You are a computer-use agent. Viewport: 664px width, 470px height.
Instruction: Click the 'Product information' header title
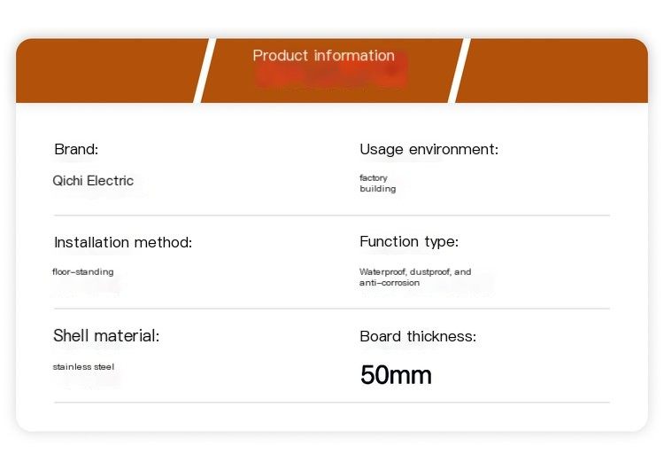[323, 56]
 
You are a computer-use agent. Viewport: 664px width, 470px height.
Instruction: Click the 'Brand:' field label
[76, 149]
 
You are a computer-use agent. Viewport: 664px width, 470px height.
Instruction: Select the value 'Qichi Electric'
[93, 181]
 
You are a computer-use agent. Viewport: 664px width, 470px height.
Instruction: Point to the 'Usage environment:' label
[429, 149]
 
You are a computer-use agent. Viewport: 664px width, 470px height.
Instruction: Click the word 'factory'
[374, 177]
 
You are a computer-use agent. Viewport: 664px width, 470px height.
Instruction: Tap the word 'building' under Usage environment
[378, 188]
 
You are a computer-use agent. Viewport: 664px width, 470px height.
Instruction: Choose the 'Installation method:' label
[123, 242]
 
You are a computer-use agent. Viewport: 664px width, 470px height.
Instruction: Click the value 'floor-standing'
[83, 272]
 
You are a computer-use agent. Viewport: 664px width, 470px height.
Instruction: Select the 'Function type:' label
[409, 241]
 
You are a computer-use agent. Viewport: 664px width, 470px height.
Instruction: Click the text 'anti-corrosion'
[390, 283]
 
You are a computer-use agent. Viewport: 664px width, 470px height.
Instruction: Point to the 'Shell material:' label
[106, 335]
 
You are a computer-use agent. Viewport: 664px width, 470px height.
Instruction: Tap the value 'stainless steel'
[83, 367]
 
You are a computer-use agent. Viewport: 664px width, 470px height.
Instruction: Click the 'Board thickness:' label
[418, 336]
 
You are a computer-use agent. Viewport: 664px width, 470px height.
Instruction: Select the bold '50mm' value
[396, 375]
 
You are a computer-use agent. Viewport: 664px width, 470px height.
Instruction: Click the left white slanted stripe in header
[205, 70]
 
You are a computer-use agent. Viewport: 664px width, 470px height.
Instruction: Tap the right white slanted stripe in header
[459, 70]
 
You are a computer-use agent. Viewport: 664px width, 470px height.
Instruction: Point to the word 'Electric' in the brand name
[110, 181]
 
